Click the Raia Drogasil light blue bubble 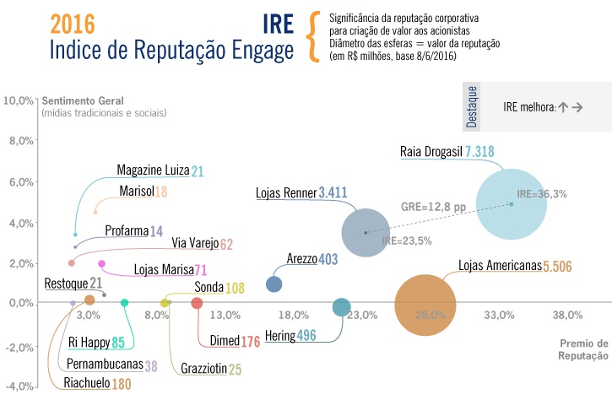(511, 204)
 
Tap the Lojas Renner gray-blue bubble (366, 233)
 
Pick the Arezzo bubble (274, 284)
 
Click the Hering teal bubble (340, 307)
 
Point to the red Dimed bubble (197, 303)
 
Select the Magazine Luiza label (153, 171)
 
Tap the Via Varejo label (194, 244)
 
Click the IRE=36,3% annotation (542, 194)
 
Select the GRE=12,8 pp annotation (432, 205)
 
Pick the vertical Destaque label (472, 106)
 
